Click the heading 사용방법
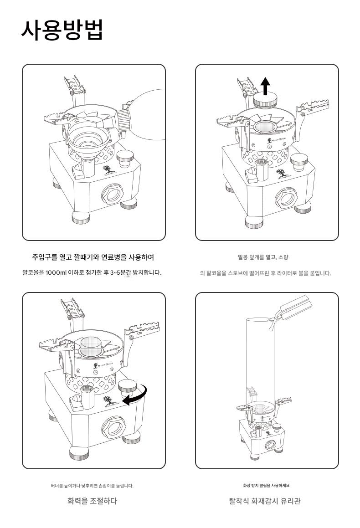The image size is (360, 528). point(62,30)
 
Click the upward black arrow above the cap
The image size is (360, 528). point(266,86)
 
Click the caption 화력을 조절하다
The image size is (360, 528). point(92,501)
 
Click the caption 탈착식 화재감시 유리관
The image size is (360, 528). point(265,501)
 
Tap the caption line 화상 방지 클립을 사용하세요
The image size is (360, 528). point(267,485)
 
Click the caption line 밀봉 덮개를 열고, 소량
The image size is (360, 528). point(263,257)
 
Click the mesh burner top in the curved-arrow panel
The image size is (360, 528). point(91,346)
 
